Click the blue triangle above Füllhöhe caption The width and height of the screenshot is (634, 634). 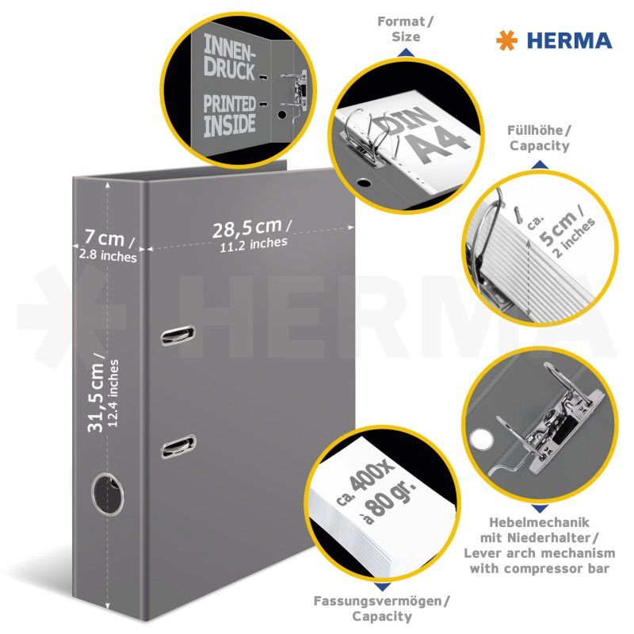pos(539,165)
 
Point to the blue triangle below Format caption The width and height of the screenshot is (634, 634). pos(405,52)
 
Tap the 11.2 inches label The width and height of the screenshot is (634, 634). pos(254,245)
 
